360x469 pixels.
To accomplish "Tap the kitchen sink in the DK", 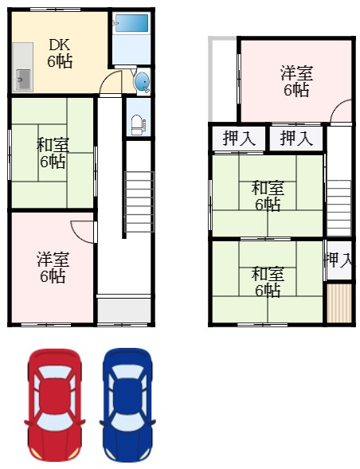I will pyautogui.click(x=23, y=80).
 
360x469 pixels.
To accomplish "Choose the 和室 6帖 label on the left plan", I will pyautogui.click(x=53, y=153).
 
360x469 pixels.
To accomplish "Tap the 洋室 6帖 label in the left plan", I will pyautogui.click(x=53, y=268).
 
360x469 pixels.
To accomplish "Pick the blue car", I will pyautogui.click(x=128, y=404).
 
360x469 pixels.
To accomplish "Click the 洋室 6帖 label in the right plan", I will pyautogui.click(x=295, y=81).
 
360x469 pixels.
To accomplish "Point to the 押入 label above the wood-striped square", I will pyautogui.click(x=339, y=260).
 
